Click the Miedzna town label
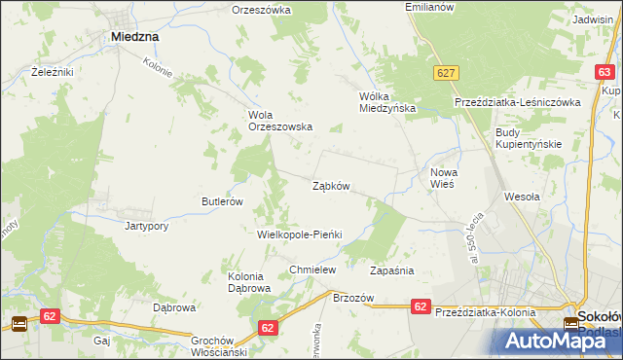tap(135, 36)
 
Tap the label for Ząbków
tap(331, 185)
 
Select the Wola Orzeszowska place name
tap(279, 120)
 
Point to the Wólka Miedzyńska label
tap(387, 102)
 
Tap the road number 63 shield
tap(605, 72)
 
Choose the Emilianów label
tap(430, 7)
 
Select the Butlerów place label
tap(221, 201)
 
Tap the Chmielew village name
tap(312, 270)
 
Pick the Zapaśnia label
tap(393, 270)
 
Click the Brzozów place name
tap(353, 298)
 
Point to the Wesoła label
tap(522, 196)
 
